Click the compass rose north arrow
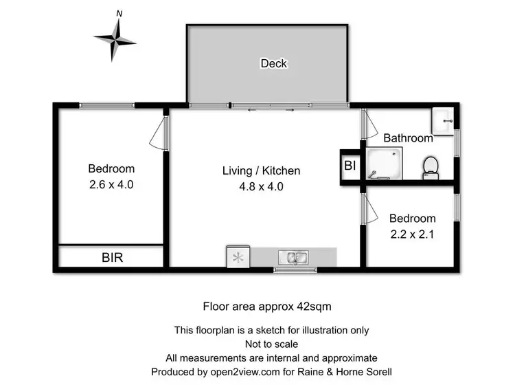tap(117, 22)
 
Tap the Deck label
tap(273, 63)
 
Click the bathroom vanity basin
tap(442, 122)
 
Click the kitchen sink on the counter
tap(294, 258)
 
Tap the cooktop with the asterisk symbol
tap(238, 258)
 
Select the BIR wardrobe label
tap(113, 258)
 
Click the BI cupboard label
tap(350, 166)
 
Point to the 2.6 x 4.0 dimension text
tap(111, 184)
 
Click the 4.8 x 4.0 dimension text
tap(261, 186)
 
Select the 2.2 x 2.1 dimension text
tap(412, 233)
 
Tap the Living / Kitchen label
tap(261, 170)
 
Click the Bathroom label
tap(408, 137)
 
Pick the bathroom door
tap(369, 126)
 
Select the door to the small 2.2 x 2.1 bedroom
tap(369, 208)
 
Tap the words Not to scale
tap(271, 344)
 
